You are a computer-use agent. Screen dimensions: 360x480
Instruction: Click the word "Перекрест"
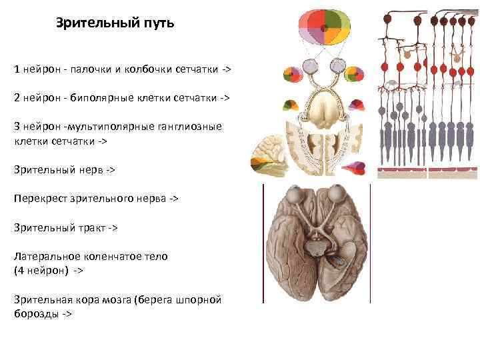(x=39, y=199)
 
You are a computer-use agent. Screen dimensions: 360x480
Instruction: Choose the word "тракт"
(x=89, y=227)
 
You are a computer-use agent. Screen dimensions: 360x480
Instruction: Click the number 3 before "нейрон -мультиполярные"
(x=17, y=126)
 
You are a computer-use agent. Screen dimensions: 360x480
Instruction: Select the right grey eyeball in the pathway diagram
(x=338, y=66)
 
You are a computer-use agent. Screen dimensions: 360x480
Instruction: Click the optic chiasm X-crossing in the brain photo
(x=319, y=230)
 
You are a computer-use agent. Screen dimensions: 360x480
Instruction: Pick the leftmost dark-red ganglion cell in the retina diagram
(x=386, y=20)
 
